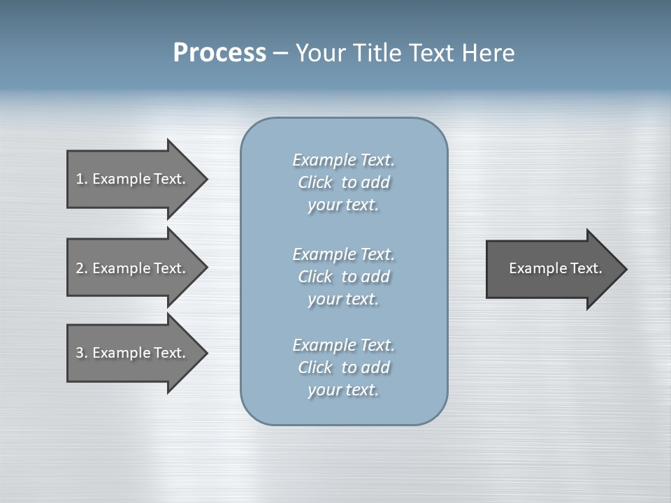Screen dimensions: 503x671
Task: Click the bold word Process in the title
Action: click(219, 53)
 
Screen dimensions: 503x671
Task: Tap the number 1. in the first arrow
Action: click(82, 179)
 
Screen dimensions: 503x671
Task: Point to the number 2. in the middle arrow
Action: click(82, 268)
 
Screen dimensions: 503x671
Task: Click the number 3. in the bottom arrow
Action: click(82, 353)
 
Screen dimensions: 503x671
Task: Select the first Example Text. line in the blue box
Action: click(343, 160)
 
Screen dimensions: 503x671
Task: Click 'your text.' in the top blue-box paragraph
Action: click(343, 205)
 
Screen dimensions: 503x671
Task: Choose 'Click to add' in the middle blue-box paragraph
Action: click(343, 277)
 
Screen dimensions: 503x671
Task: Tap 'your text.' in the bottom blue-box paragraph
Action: click(343, 390)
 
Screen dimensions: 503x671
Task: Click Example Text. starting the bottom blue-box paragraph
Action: click(343, 345)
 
